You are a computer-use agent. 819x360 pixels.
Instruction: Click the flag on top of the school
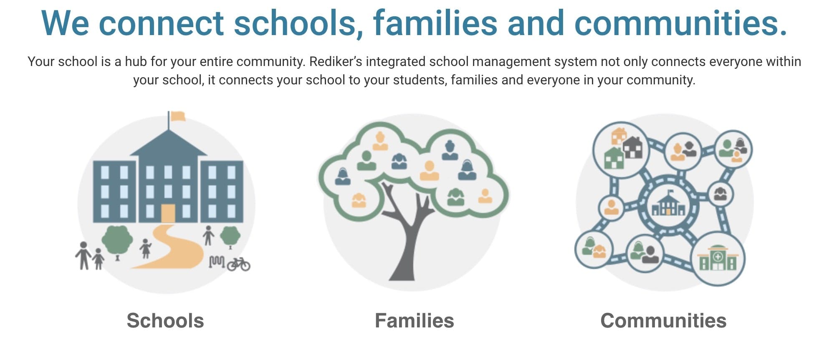[x=177, y=116]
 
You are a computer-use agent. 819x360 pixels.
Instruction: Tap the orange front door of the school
[x=168, y=213]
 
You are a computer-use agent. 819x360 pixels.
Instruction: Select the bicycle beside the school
[x=238, y=264]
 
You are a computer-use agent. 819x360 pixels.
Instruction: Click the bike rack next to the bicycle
[x=217, y=262]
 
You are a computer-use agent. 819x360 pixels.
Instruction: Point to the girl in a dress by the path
[x=145, y=248]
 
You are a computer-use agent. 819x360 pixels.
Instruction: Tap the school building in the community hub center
[x=668, y=204]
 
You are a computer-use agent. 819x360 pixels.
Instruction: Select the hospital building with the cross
[x=718, y=258]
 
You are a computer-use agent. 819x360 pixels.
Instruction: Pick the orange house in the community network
[x=619, y=136]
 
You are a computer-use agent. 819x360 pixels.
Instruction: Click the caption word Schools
[x=165, y=321]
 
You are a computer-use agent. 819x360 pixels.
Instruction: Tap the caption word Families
[x=414, y=321]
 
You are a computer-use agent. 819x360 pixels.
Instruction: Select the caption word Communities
[x=663, y=321]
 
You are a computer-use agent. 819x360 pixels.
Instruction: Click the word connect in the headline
[x=162, y=23]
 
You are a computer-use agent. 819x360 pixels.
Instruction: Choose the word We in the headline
[x=65, y=23]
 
